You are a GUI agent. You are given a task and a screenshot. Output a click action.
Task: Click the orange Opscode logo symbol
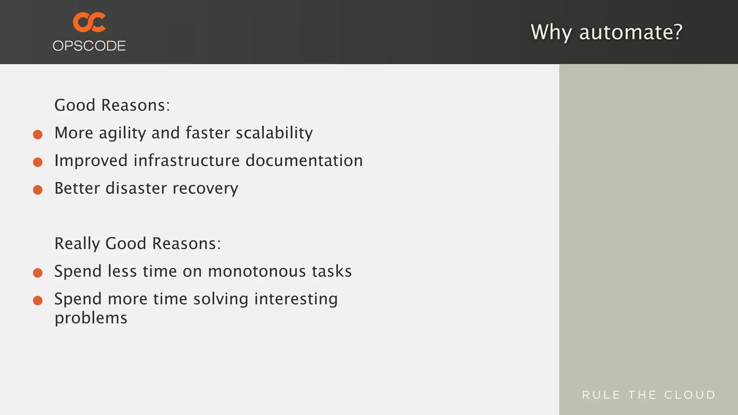click(x=89, y=22)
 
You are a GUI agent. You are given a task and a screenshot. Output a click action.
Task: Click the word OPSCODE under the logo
click(x=89, y=46)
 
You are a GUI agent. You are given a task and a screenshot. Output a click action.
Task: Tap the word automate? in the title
click(x=631, y=32)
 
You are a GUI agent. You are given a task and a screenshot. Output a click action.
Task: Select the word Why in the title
click(x=551, y=32)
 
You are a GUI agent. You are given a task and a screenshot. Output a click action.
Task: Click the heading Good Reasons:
click(x=112, y=105)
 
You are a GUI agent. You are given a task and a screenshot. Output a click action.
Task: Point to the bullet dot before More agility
click(x=38, y=135)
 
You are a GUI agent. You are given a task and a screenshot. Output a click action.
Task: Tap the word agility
click(x=122, y=133)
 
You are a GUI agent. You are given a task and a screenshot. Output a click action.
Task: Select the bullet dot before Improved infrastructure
click(x=38, y=162)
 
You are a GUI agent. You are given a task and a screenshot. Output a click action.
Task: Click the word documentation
click(x=304, y=161)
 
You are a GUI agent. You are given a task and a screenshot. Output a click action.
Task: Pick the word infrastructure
click(x=186, y=161)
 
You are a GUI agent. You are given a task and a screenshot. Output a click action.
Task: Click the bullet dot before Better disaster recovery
click(x=38, y=190)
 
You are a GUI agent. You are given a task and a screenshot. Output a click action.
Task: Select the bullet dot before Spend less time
click(x=38, y=273)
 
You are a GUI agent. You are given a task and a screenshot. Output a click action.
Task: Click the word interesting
click(x=296, y=299)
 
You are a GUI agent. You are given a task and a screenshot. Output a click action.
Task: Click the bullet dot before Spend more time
click(x=38, y=300)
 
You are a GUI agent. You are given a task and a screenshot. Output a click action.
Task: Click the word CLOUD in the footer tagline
click(x=690, y=395)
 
